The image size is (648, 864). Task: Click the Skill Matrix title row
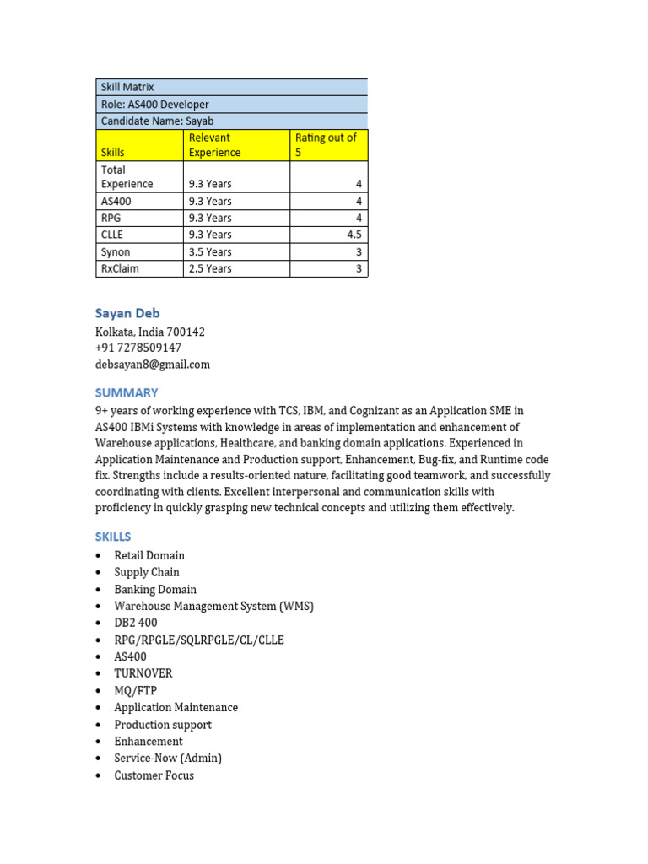(x=231, y=87)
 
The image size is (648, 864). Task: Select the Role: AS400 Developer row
(x=231, y=105)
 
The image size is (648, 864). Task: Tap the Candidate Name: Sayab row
(x=231, y=121)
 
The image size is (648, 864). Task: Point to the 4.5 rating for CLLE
(x=354, y=235)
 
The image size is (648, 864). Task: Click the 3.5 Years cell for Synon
(x=210, y=251)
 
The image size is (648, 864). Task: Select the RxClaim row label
(x=120, y=268)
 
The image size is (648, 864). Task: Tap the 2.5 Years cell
(x=210, y=268)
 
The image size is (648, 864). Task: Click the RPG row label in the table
(x=111, y=218)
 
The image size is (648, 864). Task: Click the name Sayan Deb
(x=127, y=313)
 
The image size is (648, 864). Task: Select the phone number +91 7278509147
(x=138, y=348)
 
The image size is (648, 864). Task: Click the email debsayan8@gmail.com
(x=153, y=364)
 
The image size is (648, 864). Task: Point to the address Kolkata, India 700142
(x=150, y=332)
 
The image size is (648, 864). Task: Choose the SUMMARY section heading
(x=127, y=392)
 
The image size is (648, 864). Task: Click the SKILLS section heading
(x=113, y=537)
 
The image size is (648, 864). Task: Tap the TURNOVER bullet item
(x=143, y=673)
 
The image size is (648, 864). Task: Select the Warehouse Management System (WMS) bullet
(x=213, y=606)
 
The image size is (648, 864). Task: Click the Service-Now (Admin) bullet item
(x=168, y=758)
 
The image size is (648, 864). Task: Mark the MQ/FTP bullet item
(x=136, y=690)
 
